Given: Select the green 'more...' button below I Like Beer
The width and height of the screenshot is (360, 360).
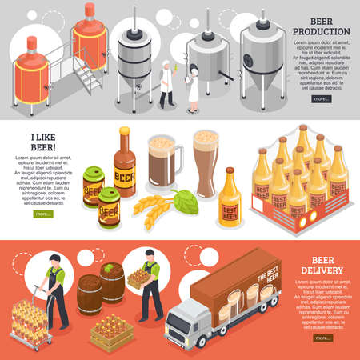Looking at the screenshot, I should coord(42,214).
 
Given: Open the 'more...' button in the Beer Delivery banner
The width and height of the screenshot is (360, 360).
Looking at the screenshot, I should coord(322,338).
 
